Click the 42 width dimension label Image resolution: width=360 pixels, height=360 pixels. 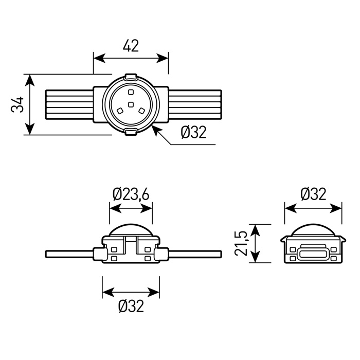pos(131,46)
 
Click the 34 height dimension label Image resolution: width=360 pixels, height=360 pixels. pos(17,104)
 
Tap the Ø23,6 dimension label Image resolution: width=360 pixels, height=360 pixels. pos(131,194)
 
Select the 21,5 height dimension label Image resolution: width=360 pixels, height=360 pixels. pos(241,243)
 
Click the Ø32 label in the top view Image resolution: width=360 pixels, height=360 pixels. pos(194,132)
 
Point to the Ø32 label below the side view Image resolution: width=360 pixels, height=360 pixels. pos(131,306)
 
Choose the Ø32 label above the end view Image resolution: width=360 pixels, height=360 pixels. pos(313,194)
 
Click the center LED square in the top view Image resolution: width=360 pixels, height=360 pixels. pos(131,105)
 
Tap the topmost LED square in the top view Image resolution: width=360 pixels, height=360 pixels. pos(131,92)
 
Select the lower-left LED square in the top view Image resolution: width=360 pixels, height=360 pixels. pos(120,111)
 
